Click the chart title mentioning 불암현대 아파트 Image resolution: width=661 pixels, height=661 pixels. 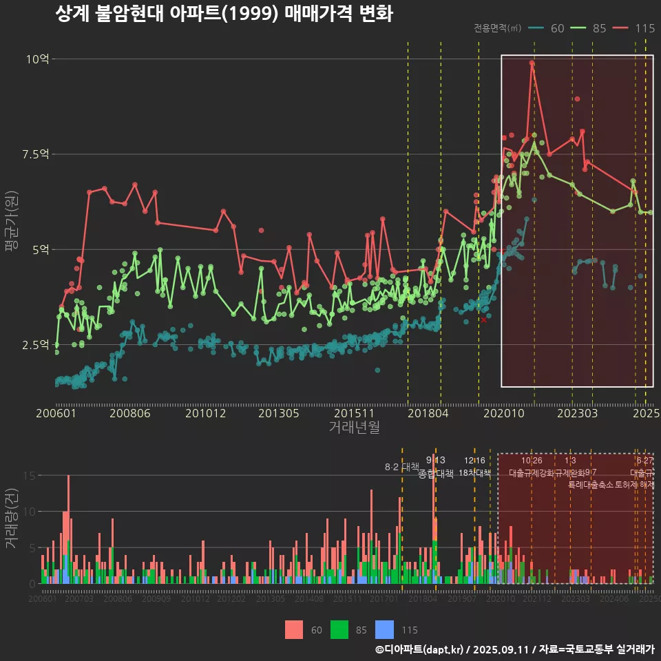point(223,14)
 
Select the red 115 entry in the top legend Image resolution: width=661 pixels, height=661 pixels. point(633,28)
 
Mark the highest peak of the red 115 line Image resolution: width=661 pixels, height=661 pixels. point(532,63)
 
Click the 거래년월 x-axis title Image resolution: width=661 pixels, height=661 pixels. point(354,428)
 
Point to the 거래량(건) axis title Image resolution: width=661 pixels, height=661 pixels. point(11,518)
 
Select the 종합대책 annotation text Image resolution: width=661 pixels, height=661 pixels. point(436,474)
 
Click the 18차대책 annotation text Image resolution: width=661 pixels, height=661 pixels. point(474,474)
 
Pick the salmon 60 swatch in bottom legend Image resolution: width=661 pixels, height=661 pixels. point(294,629)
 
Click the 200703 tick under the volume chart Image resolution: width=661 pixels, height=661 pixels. point(78,599)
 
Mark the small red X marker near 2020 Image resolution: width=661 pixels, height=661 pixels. point(483,320)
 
